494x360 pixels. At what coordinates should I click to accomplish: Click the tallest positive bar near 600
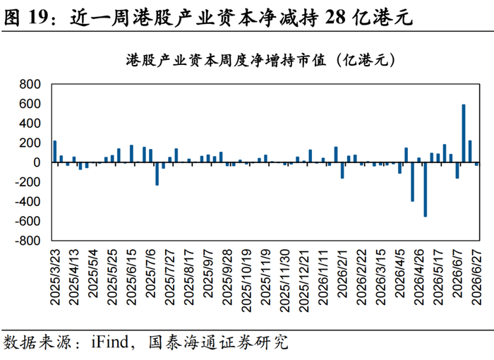coord(464,133)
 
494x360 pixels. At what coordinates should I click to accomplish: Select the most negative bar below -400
coord(426,189)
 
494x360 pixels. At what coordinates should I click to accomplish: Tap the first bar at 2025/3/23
coord(55,151)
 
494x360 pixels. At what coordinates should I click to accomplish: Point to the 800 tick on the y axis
coord(30,85)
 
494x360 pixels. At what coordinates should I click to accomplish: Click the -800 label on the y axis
coord(28,241)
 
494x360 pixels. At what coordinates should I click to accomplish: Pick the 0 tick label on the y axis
coord(37,162)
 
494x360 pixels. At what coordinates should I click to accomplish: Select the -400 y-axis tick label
coord(28,202)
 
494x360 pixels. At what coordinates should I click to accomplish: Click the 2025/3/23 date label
coord(55,277)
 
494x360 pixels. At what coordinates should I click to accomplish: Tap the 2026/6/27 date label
coord(477,277)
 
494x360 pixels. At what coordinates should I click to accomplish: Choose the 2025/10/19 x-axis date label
coord(246,280)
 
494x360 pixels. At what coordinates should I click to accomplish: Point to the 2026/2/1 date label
coord(342,274)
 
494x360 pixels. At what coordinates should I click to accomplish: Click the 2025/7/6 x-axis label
coord(151,274)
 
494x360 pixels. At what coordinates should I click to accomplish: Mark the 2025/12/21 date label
coord(303,280)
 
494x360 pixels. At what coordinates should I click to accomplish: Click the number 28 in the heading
coord(335,17)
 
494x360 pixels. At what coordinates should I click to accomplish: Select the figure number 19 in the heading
coord(38,17)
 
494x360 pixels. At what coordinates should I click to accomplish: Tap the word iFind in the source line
coord(110,342)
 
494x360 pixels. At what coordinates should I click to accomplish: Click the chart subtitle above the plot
coord(260,60)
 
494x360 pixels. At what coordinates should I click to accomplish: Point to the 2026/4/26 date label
coord(419,277)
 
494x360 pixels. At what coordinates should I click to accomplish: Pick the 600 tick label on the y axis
coord(30,104)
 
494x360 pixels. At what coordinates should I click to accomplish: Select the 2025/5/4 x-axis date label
coord(94,274)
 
